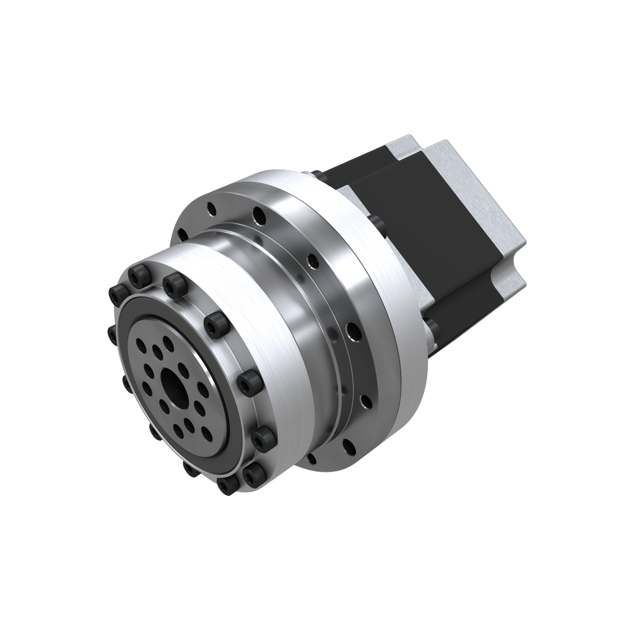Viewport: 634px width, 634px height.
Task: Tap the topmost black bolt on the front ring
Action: point(139,277)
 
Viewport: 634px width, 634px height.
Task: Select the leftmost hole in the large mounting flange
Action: point(182,234)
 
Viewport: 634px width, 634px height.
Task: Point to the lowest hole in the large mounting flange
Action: point(311,459)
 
